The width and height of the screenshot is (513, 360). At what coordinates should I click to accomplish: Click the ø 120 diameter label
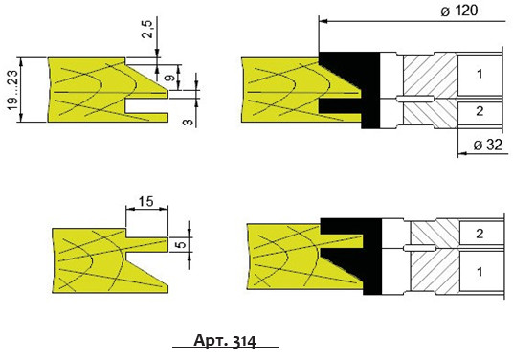coord(459,11)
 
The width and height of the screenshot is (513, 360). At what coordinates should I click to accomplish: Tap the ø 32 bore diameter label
coord(488,145)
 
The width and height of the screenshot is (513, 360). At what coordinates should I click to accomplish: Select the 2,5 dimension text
coord(148,29)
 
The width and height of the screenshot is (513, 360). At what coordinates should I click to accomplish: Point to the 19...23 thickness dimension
coord(12,89)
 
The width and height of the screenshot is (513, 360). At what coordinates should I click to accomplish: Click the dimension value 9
coord(170,79)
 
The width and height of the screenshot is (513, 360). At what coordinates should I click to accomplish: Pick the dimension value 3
coord(188,122)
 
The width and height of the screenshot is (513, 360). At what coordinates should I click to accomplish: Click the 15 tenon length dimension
coord(145,201)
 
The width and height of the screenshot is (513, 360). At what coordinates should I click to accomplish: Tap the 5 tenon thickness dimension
coord(183,244)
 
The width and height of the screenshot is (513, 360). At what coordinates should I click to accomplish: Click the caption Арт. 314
coord(225,341)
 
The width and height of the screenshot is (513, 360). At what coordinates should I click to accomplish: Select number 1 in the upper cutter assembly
coord(480,75)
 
